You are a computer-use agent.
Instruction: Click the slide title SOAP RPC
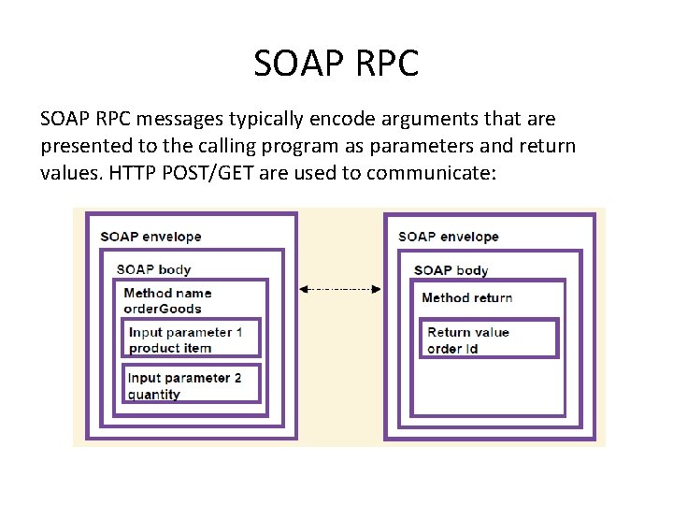pos(336,64)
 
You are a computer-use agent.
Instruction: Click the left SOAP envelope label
pos(150,237)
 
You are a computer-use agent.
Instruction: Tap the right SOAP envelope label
pos(448,237)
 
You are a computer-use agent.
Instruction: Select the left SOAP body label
pos(153,269)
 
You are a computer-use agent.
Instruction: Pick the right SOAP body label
pos(451,270)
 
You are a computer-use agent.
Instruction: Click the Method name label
pos(168,293)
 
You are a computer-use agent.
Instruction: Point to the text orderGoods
pos(163,309)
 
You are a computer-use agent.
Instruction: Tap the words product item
pos(170,348)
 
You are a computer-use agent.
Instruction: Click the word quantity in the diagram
pos(154,395)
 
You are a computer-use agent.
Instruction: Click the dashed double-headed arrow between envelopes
pos(340,290)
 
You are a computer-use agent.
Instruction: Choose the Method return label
pos(466,297)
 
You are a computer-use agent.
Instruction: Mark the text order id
pos(453,349)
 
